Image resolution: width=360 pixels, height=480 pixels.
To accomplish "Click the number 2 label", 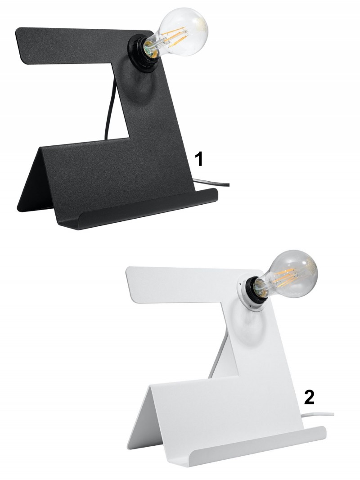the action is coord(309,398).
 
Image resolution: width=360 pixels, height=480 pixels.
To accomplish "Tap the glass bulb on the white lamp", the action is coord(290,275).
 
